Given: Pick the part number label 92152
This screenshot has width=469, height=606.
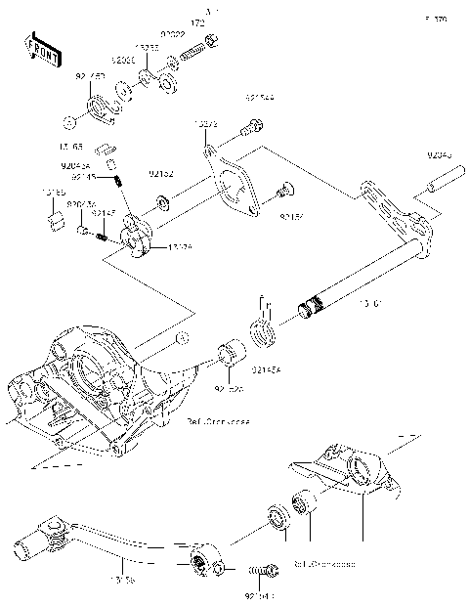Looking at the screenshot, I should tap(161, 173).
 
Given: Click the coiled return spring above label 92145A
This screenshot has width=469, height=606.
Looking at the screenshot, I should tap(264, 331).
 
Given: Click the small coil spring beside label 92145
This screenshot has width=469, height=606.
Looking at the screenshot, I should tap(118, 179).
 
